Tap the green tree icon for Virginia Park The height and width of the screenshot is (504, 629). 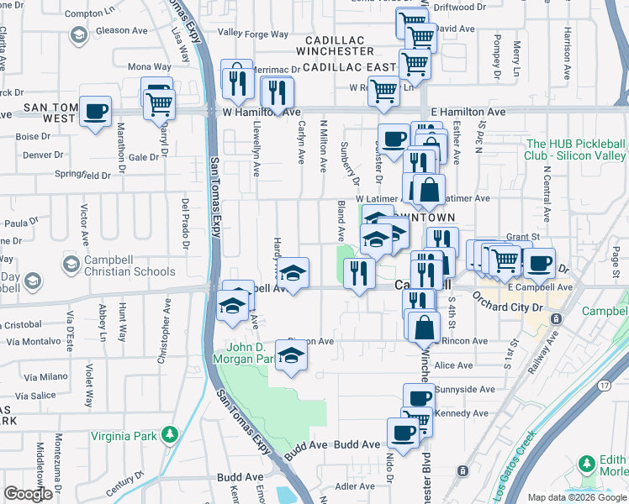tap(171, 434)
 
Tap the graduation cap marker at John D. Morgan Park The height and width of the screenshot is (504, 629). tap(291, 355)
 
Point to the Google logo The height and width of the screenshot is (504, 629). tap(27, 494)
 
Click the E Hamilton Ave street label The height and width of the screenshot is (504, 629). tap(468, 111)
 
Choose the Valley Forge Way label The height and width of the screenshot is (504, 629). tap(253, 34)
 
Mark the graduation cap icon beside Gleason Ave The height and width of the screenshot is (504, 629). tap(78, 35)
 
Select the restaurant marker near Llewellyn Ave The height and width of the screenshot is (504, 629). tap(237, 81)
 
